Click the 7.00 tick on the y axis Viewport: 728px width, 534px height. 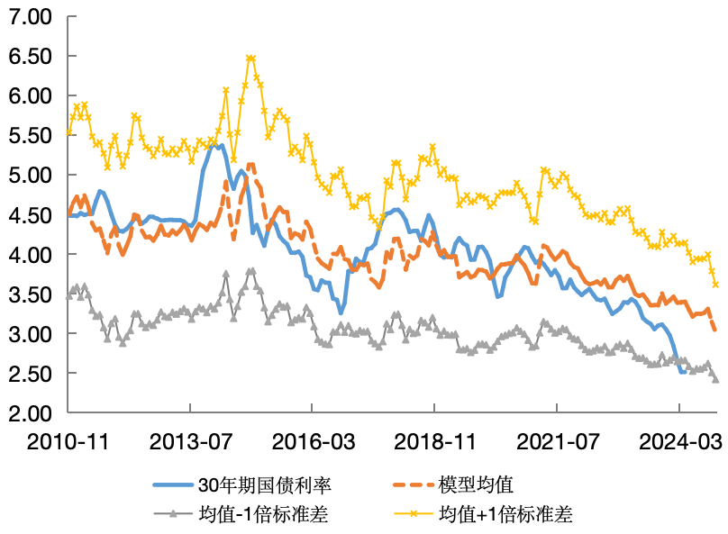(x=32, y=16)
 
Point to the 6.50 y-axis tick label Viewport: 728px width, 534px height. (x=32, y=56)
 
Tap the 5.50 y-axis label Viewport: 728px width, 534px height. (x=32, y=135)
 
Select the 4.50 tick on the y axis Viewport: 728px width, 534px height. (x=32, y=214)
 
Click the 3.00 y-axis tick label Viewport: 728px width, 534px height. (x=32, y=334)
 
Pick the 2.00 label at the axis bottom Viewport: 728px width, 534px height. (x=32, y=413)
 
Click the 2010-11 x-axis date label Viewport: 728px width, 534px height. (x=68, y=443)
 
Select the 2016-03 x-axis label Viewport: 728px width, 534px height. (x=312, y=443)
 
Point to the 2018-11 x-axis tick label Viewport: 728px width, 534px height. (x=434, y=443)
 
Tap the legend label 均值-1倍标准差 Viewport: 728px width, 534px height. (x=265, y=514)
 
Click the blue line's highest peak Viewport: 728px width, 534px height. (x=220, y=145)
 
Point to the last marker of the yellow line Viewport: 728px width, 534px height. (x=715, y=285)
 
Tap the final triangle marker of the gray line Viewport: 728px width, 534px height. (x=715, y=379)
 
